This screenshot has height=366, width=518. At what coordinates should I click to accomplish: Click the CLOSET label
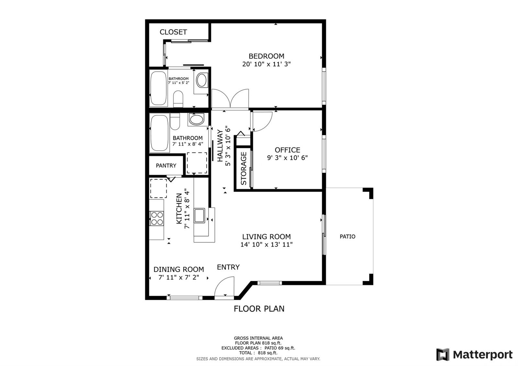[x=173, y=32]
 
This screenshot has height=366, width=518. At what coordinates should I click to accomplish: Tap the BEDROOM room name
[x=266, y=56]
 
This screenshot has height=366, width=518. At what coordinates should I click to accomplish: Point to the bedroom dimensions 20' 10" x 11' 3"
[x=266, y=64]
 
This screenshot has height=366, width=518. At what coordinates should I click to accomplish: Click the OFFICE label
[x=287, y=150]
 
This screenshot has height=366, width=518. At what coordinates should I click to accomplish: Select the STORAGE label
[x=244, y=168]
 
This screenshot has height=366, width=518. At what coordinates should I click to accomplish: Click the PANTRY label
[x=166, y=166]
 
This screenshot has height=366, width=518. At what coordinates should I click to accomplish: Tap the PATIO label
[x=348, y=236]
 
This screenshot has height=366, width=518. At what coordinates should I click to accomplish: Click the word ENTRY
[x=228, y=267]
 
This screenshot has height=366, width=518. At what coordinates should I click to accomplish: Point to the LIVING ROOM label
[x=266, y=237]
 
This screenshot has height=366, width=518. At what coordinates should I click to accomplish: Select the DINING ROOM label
[x=179, y=269]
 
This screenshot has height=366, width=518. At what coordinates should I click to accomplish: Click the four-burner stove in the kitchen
[x=157, y=218]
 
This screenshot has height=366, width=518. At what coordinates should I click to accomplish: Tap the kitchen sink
[x=199, y=215]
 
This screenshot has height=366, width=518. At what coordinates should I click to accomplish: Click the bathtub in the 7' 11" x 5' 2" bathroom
[x=158, y=88]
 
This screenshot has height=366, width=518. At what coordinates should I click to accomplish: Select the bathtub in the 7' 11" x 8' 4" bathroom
[x=159, y=133]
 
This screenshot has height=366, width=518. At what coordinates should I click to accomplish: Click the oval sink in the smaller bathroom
[x=202, y=80]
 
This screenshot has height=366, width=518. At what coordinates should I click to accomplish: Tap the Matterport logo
[x=474, y=355]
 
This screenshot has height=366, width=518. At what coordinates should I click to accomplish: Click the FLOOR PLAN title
[x=259, y=309]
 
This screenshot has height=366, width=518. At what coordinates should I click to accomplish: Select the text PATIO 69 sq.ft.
[x=280, y=348]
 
